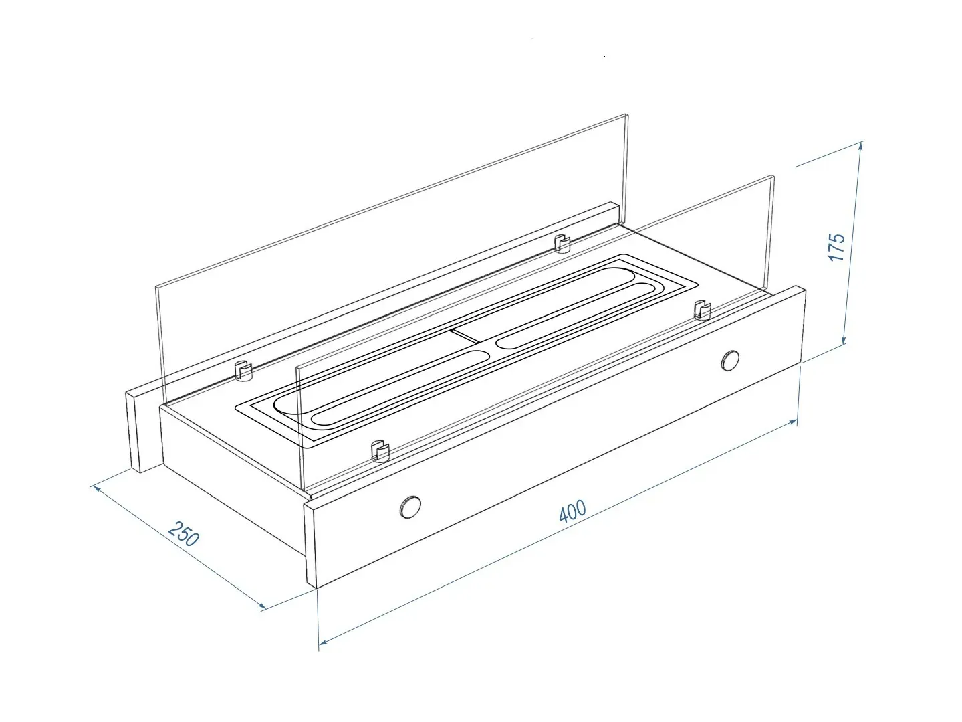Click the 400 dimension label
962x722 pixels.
(x=572, y=511)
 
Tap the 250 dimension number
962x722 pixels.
(x=184, y=534)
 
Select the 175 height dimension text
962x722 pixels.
(x=836, y=248)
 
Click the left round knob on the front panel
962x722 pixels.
(x=410, y=507)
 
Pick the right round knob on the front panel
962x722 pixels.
(x=730, y=361)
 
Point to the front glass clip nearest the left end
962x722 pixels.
(x=380, y=450)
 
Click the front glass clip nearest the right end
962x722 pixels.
(x=702, y=310)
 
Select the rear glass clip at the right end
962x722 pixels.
(x=562, y=244)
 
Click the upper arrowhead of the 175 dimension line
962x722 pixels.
(x=861, y=146)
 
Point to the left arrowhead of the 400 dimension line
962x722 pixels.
(x=324, y=642)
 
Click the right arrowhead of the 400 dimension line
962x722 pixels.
(x=792, y=422)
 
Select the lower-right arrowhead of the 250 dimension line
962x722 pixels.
(x=261, y=606)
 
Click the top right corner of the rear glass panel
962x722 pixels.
(x=627, y=115)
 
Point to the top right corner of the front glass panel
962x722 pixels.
(x=773, y=177)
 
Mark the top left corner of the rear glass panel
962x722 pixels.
(x=156, y=287)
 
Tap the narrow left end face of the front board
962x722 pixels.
(x=310, y=545)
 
